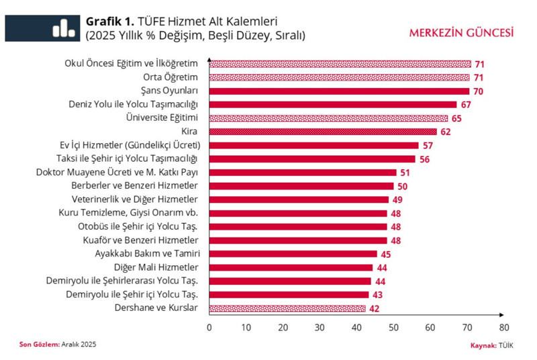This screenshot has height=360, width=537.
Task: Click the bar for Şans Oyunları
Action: [339, 91]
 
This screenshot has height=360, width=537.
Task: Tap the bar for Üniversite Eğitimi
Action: [328, 118]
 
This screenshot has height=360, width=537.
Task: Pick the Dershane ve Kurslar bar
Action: [287, 308]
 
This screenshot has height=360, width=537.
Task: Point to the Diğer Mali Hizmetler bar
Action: [291, 267]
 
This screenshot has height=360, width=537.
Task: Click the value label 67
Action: [467, 105]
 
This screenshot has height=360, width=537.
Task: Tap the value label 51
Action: [406, 173]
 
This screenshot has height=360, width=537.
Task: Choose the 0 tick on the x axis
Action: [209, 328]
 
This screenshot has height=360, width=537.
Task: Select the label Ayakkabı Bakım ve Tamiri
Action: [147, 254]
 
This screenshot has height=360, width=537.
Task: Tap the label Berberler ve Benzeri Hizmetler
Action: [134, 186]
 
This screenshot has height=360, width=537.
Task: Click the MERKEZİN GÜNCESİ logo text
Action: [462, 32]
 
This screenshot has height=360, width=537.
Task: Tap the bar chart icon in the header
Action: [64, 28]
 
